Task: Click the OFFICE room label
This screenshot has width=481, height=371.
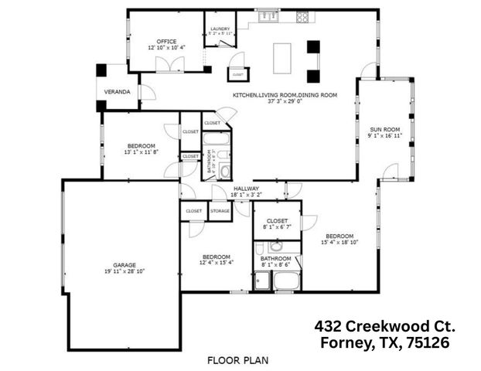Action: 167,42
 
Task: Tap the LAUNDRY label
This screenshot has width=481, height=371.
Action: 220,29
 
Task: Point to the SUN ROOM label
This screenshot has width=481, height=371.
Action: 384,129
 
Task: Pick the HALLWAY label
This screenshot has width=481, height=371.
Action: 246,188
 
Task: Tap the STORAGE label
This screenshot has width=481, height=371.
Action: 219,210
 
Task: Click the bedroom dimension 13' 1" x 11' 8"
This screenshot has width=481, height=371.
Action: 140,152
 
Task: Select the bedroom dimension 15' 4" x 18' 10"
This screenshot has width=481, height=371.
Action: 339,242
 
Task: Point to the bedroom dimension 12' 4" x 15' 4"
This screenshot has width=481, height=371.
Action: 217,263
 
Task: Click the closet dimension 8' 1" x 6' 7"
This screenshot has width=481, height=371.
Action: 275,227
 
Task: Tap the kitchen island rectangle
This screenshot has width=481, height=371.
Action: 282,56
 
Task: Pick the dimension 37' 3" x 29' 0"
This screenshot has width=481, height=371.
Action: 285,101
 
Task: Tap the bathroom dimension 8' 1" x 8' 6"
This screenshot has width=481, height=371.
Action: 275,264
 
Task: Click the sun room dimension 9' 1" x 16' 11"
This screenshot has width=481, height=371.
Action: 384,136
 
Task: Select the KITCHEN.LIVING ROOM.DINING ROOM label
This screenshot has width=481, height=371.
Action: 285,95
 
